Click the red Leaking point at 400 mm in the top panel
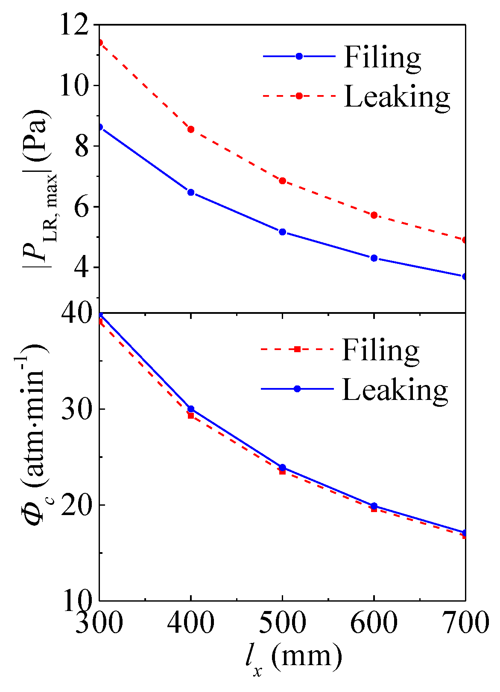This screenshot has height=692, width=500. pos(191,129)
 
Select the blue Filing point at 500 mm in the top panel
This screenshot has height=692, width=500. pos(282,232)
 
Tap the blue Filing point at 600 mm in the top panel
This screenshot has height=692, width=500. pos(374,258)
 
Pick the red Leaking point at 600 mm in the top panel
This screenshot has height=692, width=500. pos(374,215)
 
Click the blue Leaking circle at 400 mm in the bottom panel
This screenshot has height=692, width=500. pos(191,409)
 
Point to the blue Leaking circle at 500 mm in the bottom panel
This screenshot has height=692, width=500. pos(282,467)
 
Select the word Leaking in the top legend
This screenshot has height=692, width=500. pos(397,97)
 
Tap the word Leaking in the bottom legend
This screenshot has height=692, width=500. pos(395,390)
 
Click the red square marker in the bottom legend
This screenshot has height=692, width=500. pos(297,349)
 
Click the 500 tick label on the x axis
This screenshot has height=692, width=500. pos(282,624)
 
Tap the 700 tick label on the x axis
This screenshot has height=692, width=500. pos(465,624)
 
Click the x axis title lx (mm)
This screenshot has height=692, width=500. pos(294,658)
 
